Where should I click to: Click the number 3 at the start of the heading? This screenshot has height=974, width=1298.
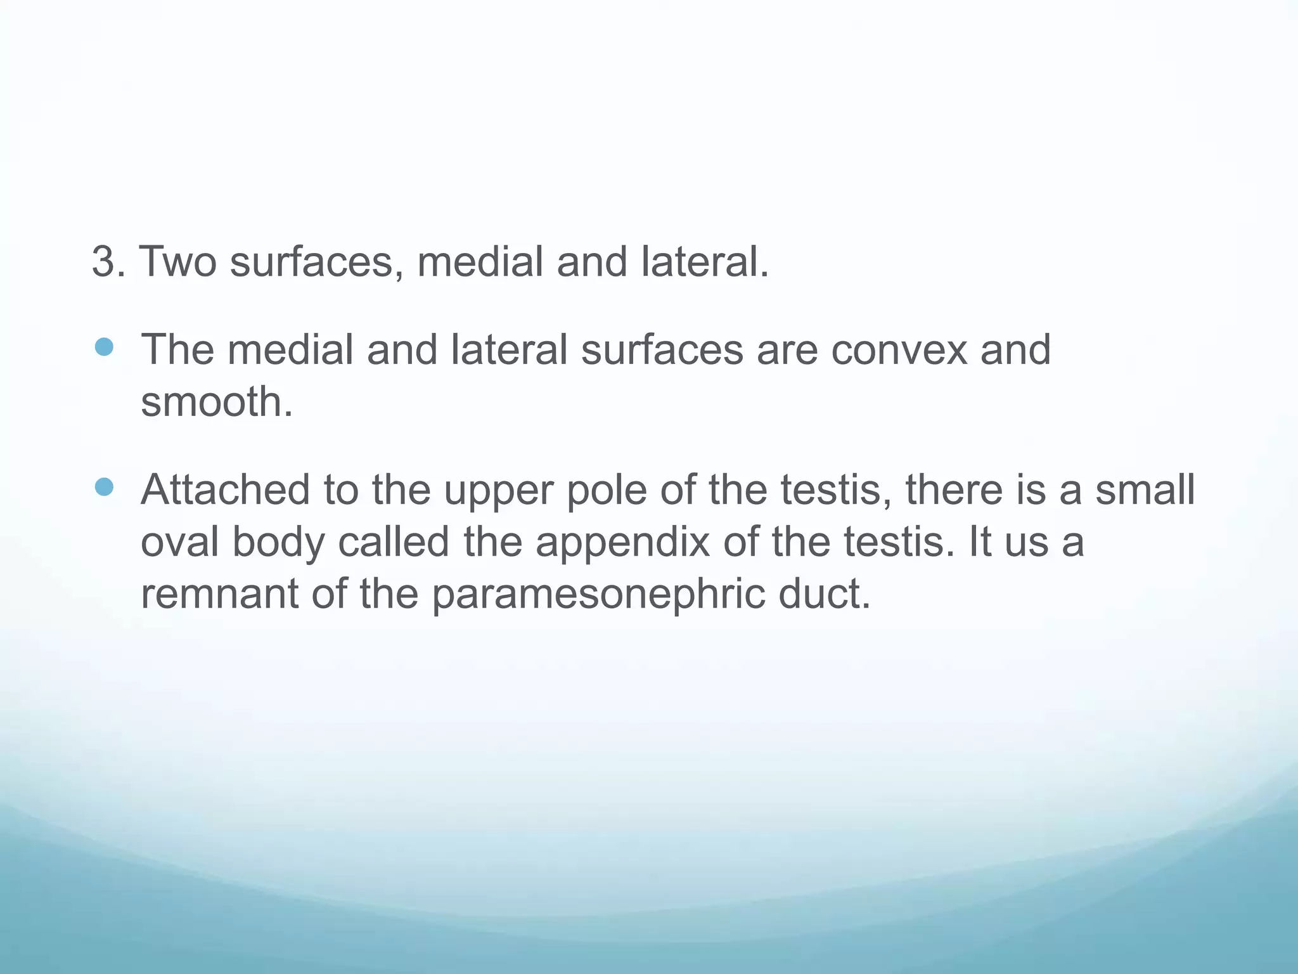(x=105, y=262)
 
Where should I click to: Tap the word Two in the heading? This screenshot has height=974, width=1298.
(x=177, y=262)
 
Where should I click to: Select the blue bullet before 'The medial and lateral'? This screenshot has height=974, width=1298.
(x=103, y=347)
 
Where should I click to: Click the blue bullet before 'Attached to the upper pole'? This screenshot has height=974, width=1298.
(x=103, y=487)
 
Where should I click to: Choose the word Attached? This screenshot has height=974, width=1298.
(x=226, y=490)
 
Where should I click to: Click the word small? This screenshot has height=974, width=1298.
(x=1145, y=490)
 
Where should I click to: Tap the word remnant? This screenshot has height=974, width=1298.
(x=219, y=594)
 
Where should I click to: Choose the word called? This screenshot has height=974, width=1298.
(x=394, y=542)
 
